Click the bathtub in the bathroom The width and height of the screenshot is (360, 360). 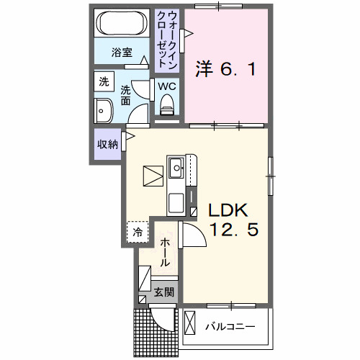[122, 23]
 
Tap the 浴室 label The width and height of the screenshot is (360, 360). [122, 53]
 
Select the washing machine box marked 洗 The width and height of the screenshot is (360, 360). [104, 81]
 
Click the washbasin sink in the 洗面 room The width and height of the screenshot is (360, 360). [104, 111]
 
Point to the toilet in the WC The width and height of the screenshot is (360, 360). [167, 104]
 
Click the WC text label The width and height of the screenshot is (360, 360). [167, 86]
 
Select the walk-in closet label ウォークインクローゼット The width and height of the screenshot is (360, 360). [167, 40]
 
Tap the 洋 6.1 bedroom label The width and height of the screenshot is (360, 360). [226, 69]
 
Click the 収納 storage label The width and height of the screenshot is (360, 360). [107, 145]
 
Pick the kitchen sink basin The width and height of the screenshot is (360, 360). [176, 168]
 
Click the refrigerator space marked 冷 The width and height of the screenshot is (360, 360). [138, 232]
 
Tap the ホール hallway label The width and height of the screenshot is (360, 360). [165, 253]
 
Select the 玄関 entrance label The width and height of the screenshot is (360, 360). [163, 292]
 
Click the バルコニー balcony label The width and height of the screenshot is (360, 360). [230, 327]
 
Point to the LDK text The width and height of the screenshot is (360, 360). [228, 210]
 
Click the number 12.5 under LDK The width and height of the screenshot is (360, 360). [234, 229]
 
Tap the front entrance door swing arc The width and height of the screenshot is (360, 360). [160, 322]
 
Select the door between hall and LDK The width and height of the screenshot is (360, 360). [192, 234]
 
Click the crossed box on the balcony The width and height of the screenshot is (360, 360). [189, 323]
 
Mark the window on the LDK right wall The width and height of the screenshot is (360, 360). [271, 176]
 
